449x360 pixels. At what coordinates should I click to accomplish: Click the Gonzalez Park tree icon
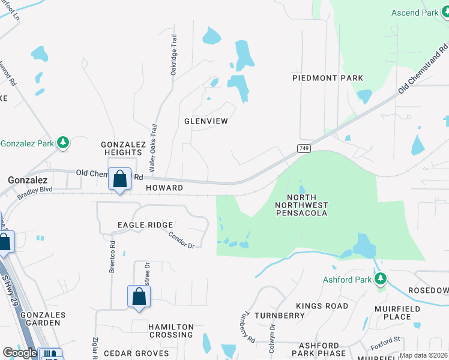coord(63,143)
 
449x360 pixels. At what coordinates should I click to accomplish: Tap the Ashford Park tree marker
coord(380,279)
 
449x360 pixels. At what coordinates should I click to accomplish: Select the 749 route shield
coord(303,148)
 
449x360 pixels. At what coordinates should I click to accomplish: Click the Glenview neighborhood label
coord(206,121)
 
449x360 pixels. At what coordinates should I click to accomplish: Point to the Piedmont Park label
coord(328,78)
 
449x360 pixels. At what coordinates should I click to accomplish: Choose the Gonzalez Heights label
coord(123,149)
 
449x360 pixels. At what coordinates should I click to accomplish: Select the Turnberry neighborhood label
coord(280,315)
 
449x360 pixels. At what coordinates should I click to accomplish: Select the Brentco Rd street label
coord(112,256)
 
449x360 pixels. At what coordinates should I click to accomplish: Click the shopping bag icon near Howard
coord(120,179)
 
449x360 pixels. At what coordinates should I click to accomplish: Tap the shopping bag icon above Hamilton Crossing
coord(139,296)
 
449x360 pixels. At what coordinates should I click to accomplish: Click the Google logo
coord(20,353)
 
